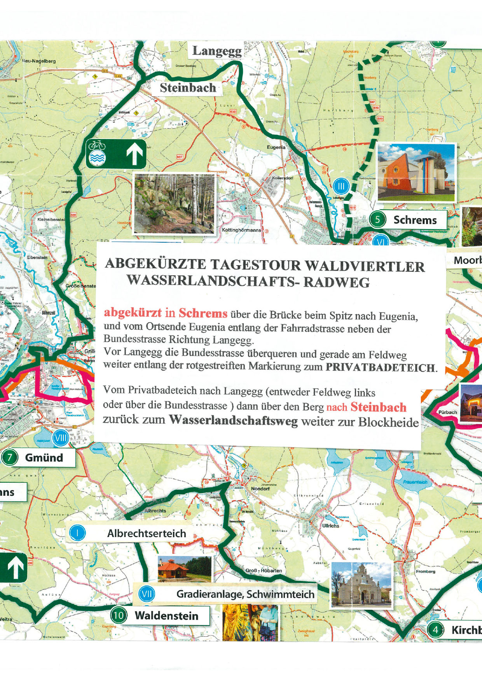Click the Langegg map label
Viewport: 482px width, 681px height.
pos(217,51)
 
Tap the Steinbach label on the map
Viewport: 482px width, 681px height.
pos(188,88)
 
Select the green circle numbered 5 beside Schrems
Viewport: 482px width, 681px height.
pos(377,220)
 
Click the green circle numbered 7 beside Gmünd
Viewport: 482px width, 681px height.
pos(10,457)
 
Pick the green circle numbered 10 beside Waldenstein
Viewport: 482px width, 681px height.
pos(118,616)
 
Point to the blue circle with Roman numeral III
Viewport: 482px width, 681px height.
pos(341,187)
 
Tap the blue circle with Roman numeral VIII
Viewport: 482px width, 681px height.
pos(61,438)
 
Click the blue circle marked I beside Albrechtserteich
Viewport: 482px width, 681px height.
pos(77,533)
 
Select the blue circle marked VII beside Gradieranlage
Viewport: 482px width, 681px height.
pos(147,594)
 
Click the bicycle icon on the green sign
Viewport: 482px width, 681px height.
pos(97,146)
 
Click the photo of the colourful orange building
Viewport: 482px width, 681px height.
pos(416,172)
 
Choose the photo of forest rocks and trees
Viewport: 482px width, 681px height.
pos(174,203)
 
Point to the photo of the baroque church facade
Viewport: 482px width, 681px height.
pos(361,585)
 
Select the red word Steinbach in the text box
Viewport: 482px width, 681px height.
pos(378,407)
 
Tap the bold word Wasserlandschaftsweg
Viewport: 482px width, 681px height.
pos(233,420)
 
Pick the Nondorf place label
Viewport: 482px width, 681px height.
pos(260,488)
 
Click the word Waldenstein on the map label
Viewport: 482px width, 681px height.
pos(166,616)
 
